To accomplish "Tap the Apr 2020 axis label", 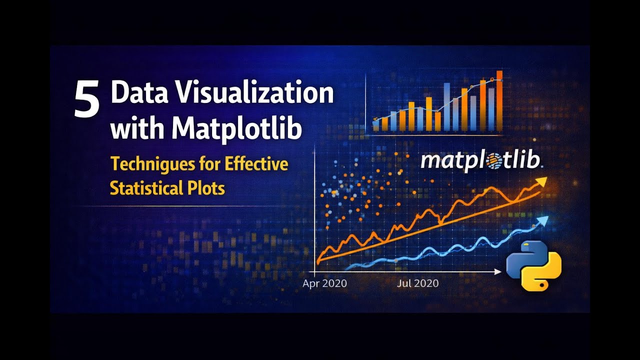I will [324, 283].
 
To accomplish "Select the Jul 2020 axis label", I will [417, 283].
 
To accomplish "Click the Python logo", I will [533, 265].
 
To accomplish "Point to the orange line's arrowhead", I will [541, 182].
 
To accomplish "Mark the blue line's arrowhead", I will [543, 221].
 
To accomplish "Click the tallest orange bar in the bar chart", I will [499, 100].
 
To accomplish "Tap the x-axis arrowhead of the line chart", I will [497, 271].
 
